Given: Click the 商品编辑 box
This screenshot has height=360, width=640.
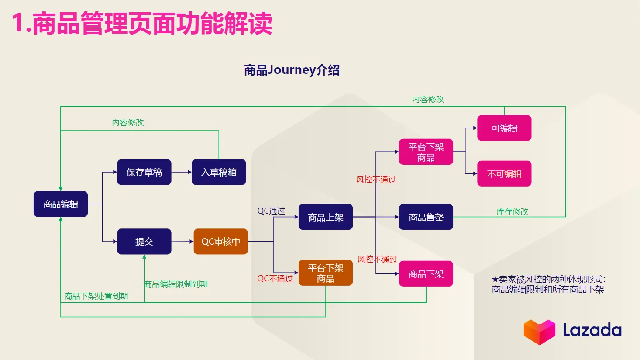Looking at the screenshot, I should coord(61,204).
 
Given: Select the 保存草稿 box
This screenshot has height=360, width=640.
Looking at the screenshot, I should coord(144,172).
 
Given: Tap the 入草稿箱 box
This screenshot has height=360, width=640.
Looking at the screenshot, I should coord(219,172).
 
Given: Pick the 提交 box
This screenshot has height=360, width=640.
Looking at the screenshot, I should coord(144,242).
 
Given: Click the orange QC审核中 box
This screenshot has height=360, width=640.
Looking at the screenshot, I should coord(220,242).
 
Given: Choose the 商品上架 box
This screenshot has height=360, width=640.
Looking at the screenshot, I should coord(325,217).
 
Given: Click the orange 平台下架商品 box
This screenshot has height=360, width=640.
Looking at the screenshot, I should coord(325,273).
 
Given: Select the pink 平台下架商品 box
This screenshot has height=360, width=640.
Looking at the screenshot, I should coord(426,152).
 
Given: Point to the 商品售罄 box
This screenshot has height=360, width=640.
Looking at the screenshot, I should coord(426,217).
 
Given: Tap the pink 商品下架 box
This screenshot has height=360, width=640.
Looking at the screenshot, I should coord(426,274).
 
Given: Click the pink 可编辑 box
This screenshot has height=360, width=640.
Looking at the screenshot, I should coord(504,128).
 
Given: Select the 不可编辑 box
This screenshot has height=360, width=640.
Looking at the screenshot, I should coord(504,174).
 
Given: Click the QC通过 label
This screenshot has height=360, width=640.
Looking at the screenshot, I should coord(271,211).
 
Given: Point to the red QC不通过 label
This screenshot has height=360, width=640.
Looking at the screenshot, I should coord(275,279).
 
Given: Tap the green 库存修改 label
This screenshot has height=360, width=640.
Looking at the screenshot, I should coord(512,212).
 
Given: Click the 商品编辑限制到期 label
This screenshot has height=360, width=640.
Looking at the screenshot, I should coord(176,284).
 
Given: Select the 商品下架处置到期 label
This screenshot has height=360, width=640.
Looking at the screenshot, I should coord(96,296).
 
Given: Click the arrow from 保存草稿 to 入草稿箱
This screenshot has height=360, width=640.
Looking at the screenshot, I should coord(181,172).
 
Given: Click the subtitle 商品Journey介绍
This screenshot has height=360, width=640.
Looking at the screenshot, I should coord(292,70).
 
